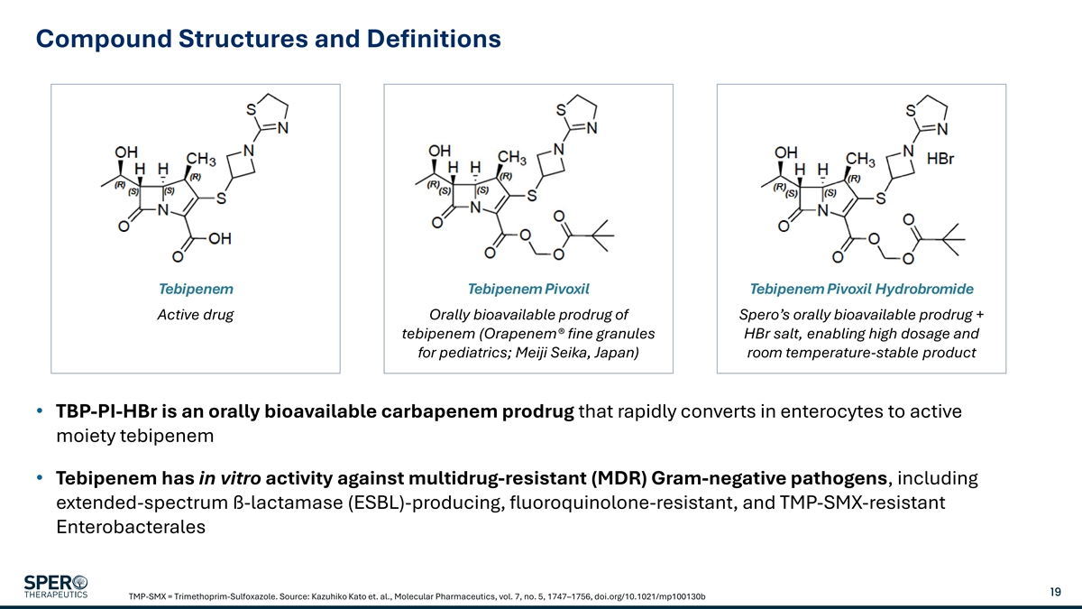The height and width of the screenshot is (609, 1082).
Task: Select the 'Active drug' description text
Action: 196,315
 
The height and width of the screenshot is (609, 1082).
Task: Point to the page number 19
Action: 1055,592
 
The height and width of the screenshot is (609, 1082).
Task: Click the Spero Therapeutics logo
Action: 56,586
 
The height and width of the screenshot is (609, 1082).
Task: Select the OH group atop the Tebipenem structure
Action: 125,152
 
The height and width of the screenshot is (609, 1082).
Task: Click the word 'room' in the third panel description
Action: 767,353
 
